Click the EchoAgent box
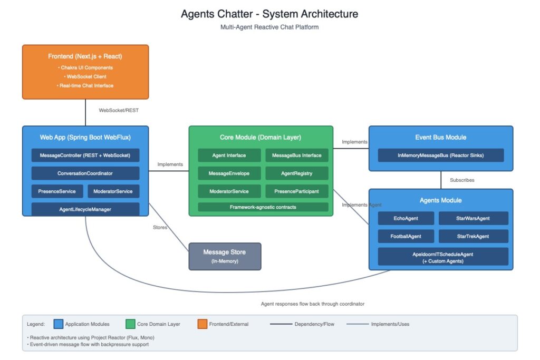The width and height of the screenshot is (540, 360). (x=406, y=218)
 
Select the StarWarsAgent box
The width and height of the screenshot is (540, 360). (x=473, y=218)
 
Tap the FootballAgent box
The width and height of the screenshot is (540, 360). (x=406, y=236)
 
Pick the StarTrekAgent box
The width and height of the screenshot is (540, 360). (x=473, y=236)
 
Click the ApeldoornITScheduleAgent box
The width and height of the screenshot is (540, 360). (x=443, y=257)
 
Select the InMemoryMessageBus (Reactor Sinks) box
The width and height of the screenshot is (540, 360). (x=441, y=155)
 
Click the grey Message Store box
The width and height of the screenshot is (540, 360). (x=225, y=256)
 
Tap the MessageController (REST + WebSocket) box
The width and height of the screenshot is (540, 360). (x=85, y=155)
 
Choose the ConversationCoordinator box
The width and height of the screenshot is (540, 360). (x=85, y=173)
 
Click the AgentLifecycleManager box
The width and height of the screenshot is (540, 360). (x=85, y=209)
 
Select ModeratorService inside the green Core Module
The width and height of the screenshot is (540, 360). (x=229, y=191)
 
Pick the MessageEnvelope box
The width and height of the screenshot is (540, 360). (x=229, y=173)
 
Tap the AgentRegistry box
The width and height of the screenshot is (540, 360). (x=296, y=173)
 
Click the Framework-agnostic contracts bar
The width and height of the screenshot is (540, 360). (x=263, y=207)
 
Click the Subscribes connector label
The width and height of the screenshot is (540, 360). (x=461, y=180)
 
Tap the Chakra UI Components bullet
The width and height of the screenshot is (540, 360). (x=85, y=67)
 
